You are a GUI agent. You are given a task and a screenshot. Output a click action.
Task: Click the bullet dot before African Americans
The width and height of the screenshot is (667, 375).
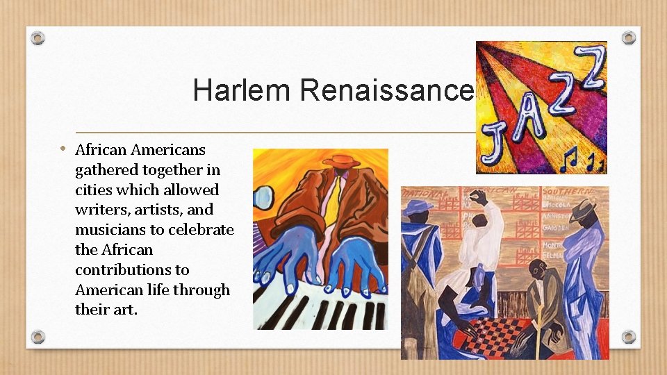tap(63, 148)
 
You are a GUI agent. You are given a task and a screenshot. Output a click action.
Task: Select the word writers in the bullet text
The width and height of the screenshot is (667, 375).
tap(98, 210)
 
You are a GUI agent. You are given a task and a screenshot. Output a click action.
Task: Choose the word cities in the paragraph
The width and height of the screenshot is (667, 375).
tap(93, 190)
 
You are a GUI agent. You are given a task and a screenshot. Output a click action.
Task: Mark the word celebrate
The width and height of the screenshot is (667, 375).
tap(200, 230)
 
